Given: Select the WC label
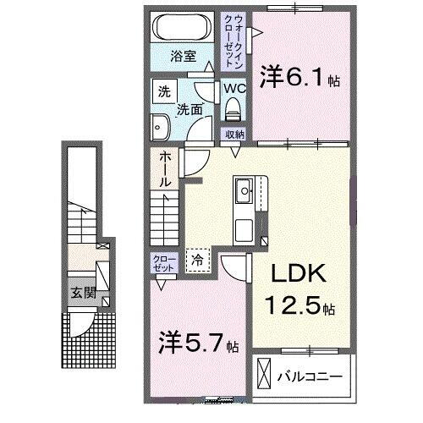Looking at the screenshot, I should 234,87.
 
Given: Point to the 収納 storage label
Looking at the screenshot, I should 234,135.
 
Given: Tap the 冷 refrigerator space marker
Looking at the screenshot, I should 197,261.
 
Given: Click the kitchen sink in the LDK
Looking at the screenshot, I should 244,191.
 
